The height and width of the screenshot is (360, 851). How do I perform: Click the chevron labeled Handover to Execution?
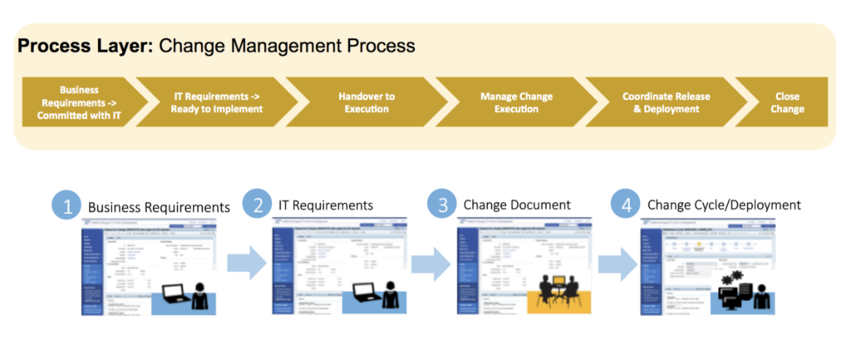click(x=366, y=102)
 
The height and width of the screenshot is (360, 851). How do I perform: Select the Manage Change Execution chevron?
click(x=516, y=102)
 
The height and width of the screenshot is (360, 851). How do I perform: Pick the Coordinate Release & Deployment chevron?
click(x=666, y=102)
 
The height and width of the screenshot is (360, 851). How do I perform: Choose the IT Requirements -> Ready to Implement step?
click(x=218, y=102)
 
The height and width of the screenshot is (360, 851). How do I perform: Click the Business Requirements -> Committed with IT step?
click(x=79, y=102)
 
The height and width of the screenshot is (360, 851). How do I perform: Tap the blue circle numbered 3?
click(x=442, y=205)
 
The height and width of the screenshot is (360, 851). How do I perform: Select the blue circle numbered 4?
click(x=626, y=205)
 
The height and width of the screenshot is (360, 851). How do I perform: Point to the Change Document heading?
click(x=517, y=205)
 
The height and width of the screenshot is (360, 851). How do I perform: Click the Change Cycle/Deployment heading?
click(x=723, y=205)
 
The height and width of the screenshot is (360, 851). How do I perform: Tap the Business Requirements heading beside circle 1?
click(x=158, y=207)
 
